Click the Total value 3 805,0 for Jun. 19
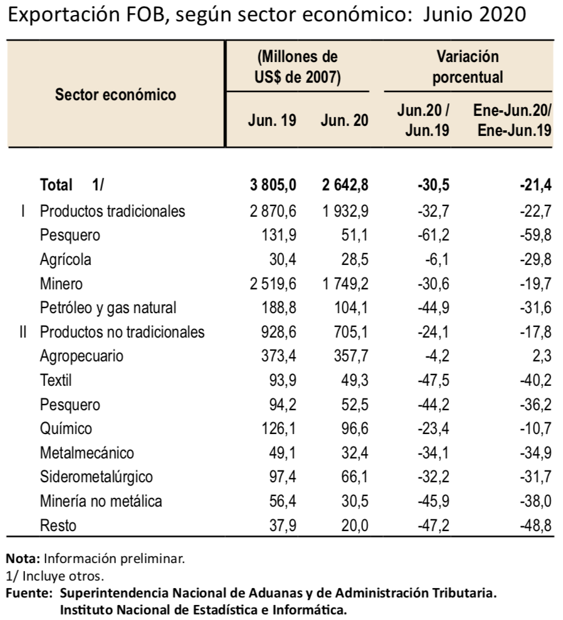(x=273, y=185)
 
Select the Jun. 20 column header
(x=344, y=120)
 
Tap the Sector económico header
(x=115, y=95)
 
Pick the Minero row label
(x=61, y=284)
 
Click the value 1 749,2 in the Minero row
(x=345, y=284)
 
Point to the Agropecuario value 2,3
(x=542, y=356)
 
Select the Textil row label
(x=56, y=380)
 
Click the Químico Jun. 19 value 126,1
(x=279, y=428)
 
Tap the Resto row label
(x=58, y=525)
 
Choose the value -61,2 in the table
(x=433, y=235)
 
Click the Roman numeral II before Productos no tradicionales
(x=23, y=332)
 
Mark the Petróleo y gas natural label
(x=108, y=307)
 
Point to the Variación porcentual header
(x=468, y=67)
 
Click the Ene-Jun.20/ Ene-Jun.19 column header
(x=513, y=120)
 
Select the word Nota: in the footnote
(x=23, y=559)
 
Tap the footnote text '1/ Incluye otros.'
(x=55, y=576)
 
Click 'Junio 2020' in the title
(x=475, y=15)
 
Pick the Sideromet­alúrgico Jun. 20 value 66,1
(x=355, y=477)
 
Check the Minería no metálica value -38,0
(x=535, y=501)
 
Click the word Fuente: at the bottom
(x=29, y=593)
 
